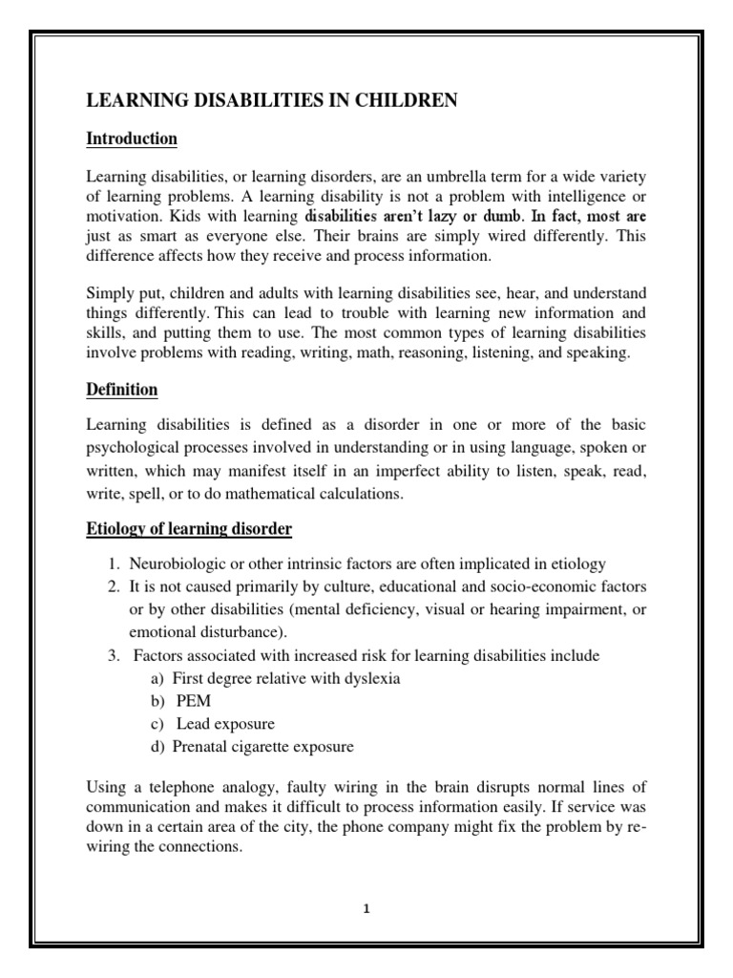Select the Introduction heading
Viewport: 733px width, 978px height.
pos(132,139)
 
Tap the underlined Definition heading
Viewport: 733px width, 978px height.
pos(122,391)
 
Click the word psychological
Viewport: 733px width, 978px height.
pos(138,446)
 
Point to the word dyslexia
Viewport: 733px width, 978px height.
pos(369,678)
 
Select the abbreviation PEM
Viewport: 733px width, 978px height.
pos(194,701)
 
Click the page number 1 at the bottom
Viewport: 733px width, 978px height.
pos(366,909)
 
